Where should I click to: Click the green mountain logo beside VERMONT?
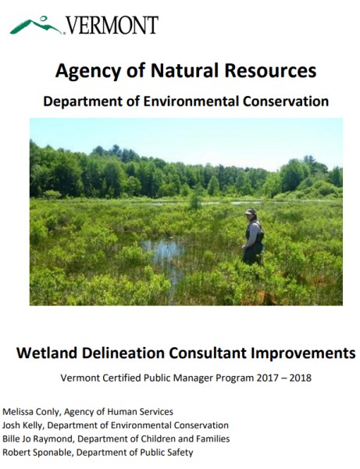pyautogui.click(x=36, y=26)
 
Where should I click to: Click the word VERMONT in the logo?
pyautogui.click(x=112, y=26)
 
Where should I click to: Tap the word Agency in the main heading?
pyautogui.click(x=88, y=71)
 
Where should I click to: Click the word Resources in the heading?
pyautogui.click(x=270, y=70)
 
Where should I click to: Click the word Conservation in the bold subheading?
pyautogui.click(x=286, y=102)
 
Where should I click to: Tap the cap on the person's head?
pyautogui.click(x=250, y=212)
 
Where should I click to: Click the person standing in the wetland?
pyautogui.click(x=253, y=236)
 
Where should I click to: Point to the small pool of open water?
pyautogui.click(x=164, y=251)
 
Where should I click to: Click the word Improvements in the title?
pyautogui.click(x=303, y=353)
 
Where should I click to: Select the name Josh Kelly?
pyautogui.click(x=23, y=426)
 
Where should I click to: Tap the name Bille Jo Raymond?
pyautogui.click(x=38, y=439)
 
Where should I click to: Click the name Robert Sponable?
pyautogui.click(x=37, y=453)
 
